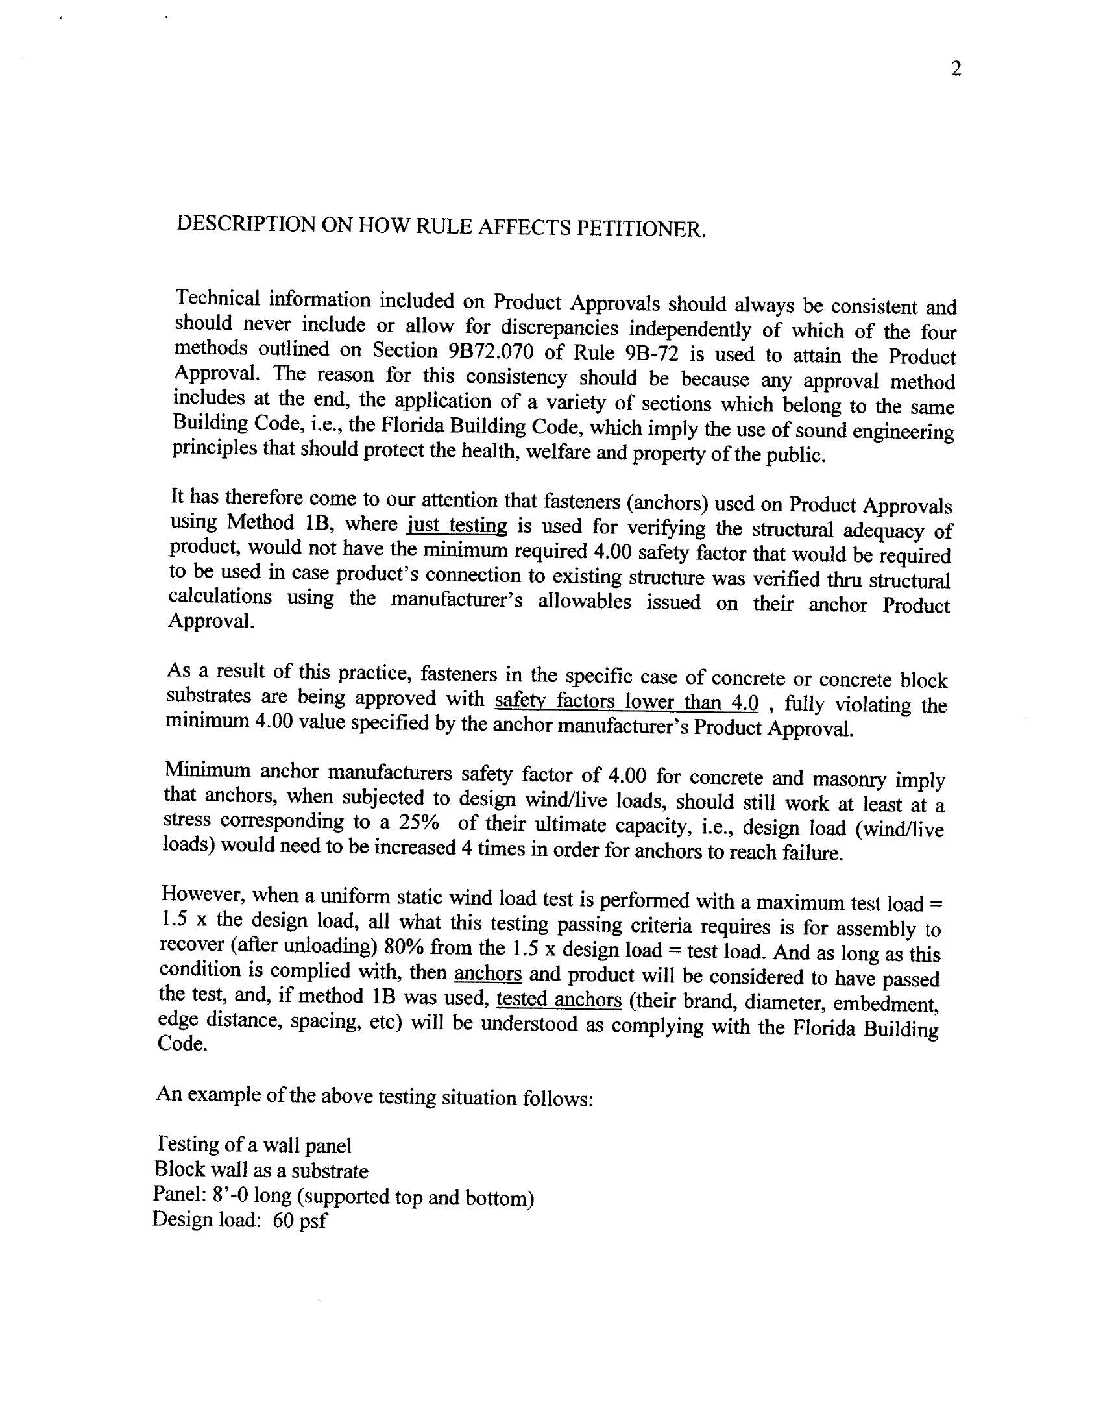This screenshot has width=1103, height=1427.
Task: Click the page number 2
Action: click(x=956, y=69)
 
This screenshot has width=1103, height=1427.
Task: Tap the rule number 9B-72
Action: click(x=653, y=354)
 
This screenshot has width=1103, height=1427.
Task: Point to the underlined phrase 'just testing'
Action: click(x=457, y=526)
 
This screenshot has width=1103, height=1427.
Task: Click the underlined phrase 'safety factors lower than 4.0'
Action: click(x=627, y=701)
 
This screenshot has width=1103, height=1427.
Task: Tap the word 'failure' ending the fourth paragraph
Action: click(x=812, y=853)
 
